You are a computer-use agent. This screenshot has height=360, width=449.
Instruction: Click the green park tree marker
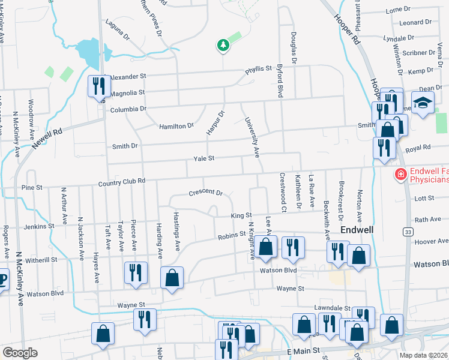coord(223,45)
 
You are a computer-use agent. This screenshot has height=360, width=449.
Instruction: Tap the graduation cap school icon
coord(423,102)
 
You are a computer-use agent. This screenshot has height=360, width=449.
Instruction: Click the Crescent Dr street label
coord(205,193)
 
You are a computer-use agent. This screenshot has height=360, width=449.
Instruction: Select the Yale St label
coord(204,158)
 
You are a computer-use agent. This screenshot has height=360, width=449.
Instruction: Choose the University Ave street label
coord(252,137)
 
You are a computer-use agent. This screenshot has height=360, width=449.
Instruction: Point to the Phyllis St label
coord(258,70)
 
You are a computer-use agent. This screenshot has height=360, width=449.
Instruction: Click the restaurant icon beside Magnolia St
coord(97,86)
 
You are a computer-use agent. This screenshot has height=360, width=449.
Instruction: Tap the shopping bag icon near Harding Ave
coord(172,277)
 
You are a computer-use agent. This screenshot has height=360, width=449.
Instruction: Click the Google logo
coord(20,353)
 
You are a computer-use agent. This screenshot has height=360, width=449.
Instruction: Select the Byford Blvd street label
coord(280,82)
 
